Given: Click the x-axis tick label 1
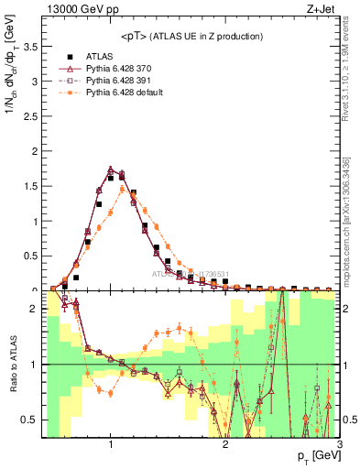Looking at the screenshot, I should coord(111,444).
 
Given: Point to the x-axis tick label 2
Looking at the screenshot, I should coord(225,444).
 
